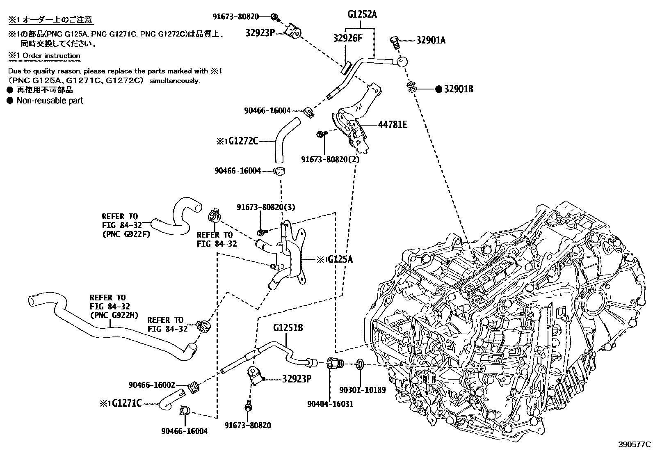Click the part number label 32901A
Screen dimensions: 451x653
(431, 40)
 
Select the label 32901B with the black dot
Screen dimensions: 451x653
(458, 89)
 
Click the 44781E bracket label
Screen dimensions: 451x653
(392, 124)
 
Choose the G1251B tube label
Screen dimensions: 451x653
(288, 328)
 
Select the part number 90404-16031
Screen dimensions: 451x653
(330, 404)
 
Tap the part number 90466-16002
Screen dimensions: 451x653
(152, 385)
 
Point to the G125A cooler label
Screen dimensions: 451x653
(338, 259)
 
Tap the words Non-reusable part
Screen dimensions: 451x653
(49, 101)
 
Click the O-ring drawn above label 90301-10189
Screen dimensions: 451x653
(360, 364)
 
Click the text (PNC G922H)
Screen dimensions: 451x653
(114, 315)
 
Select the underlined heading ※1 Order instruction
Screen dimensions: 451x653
(44, 55)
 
